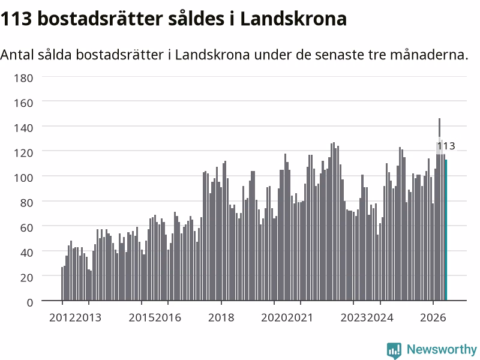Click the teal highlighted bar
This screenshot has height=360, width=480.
coord(446,230)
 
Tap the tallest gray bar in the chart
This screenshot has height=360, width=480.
coord(440,209)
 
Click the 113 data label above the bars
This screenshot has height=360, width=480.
coord(446,146)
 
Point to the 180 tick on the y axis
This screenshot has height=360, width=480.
coord(23,78)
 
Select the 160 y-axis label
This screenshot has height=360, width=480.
coord(23,103)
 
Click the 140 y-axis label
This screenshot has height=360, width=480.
coord(23,128)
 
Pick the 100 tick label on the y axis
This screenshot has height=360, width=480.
coord(23,178)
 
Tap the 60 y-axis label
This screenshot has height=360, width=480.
coord(26,227)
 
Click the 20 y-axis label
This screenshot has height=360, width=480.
coord(26,277)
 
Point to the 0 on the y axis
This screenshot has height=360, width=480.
coord(29,302)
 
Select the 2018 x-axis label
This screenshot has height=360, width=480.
coord(221,317)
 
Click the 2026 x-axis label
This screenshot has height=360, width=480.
coord(433,317)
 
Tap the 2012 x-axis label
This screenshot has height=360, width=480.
coord(62,317)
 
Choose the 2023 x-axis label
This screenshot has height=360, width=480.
coord(353,317)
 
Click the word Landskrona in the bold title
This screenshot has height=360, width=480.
coord(293,19)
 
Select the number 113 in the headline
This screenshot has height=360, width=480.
coord(16,19)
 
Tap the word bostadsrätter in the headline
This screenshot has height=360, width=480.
coord(100,19)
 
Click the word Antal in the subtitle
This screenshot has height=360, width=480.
coord(17,55)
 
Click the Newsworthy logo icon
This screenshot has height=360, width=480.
coord(394,350)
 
